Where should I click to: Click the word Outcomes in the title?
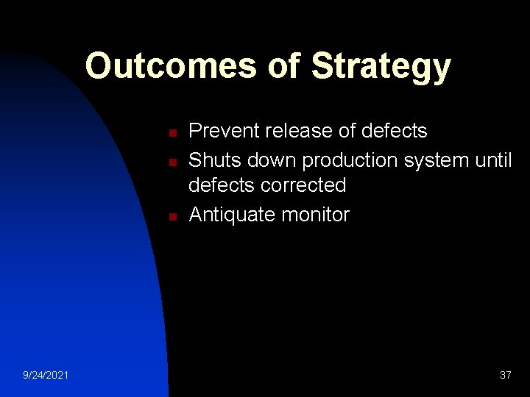170,65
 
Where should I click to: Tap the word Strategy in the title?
381,67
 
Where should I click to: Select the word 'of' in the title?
283,65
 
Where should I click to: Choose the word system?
438,159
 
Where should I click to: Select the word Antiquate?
230,215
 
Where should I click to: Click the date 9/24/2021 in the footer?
46,376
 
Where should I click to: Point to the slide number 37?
505,376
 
